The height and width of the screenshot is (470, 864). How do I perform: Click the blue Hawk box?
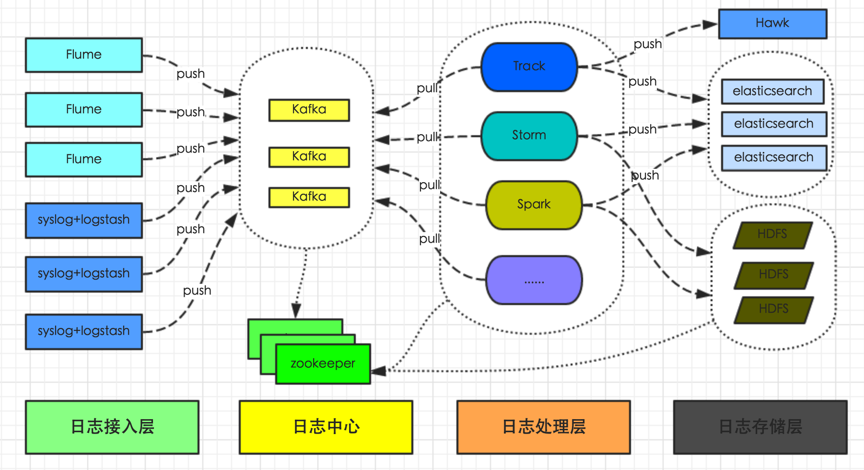pos(772,23)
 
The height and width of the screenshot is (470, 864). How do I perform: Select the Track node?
pos(529,67)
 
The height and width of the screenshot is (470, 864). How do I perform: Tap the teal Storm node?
pos(529,136)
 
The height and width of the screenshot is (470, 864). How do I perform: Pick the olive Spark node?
pos(534,205)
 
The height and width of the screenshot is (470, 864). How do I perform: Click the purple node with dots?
pos(534,280)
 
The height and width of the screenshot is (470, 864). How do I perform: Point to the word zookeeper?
pos(323,364)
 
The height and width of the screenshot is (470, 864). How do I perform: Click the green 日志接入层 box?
pos(112,427)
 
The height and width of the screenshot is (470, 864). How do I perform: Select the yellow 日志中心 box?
pos(326,427)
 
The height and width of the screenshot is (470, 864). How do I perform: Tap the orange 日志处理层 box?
pos(544,427)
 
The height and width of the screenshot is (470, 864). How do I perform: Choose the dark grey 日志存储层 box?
pos(760,427)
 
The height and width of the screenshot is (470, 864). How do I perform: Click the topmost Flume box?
pos(84,55)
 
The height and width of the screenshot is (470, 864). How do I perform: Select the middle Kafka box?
pos(309,157)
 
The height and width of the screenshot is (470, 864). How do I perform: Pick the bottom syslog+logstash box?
pos(84,331)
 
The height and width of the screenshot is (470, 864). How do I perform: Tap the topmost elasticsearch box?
pos(772,91)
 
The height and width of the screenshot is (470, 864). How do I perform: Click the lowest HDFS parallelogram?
pos(773,309)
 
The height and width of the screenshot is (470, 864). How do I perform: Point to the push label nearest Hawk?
pos(647,44)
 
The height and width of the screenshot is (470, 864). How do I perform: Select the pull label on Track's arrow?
pos(427,88)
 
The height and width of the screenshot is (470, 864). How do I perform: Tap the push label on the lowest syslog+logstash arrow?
pos(197,291)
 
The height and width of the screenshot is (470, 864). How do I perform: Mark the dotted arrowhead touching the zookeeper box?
pos(378,371)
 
